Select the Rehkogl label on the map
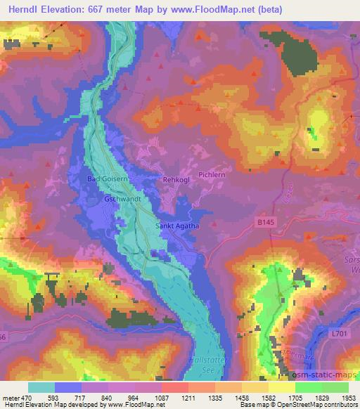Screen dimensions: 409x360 pyautogui.click(x=176, y=180)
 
